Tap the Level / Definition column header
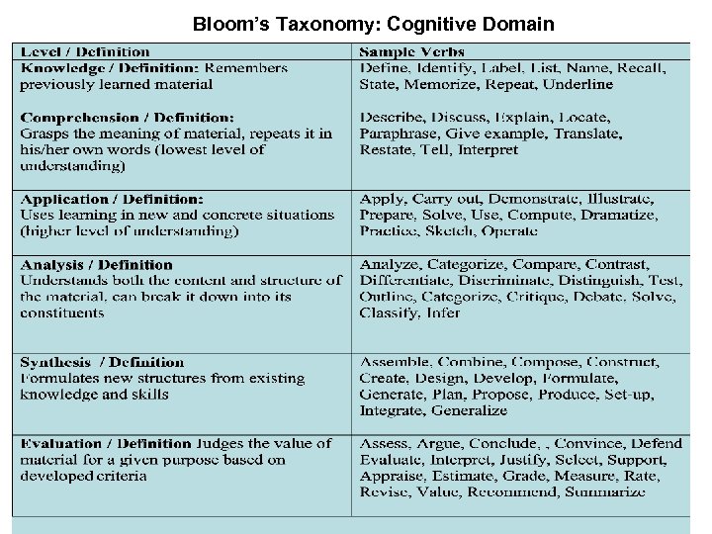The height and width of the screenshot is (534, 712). (x=85, y=52)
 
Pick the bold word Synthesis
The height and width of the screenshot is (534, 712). (x=55, y=362)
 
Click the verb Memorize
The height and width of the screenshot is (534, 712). (x=444, y=85)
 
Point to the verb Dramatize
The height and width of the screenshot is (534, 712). (x=644, y=215)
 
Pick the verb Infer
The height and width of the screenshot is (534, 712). (x=443, y=312)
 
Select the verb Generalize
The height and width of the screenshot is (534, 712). (x=469, y=410)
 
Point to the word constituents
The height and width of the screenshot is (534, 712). (x=61, y=312)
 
